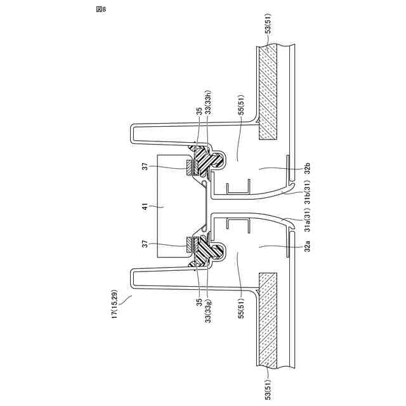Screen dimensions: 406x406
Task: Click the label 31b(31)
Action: coord(307,192)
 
